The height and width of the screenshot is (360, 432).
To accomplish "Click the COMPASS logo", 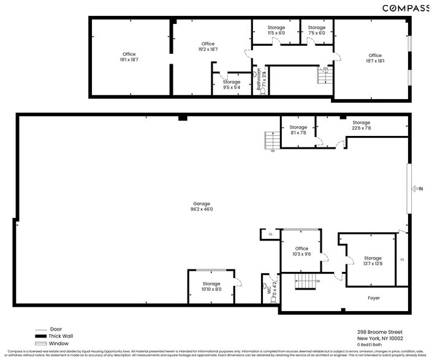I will click(x=406, y=8).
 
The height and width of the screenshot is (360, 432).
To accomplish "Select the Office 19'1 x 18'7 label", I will click(x=129, y=57).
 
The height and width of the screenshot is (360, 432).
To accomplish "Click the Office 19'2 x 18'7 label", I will click(x=208, y=47).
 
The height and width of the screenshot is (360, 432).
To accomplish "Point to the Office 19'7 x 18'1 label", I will click(x=374, y=58).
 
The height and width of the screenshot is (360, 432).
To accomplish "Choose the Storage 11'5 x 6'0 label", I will click(x=276, y=30).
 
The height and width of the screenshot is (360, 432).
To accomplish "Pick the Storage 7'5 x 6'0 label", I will click(x=316, y=30).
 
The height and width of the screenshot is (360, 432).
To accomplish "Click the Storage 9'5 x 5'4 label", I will click(x=232, y=84).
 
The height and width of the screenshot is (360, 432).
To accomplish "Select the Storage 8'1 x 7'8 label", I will click(x=298, y=130).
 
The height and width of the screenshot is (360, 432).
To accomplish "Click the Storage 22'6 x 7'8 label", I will click(x=361, y=126).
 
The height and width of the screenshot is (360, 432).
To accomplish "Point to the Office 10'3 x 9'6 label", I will click(x=301, y=251).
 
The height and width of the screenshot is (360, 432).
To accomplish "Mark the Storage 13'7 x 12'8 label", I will click(x=373, y=261).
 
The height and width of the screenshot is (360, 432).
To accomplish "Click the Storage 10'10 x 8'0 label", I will click(x=211, y=287).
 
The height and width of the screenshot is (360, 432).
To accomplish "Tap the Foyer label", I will click(x=374, y=298).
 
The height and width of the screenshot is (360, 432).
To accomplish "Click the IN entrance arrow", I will click(x=419, y=189).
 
